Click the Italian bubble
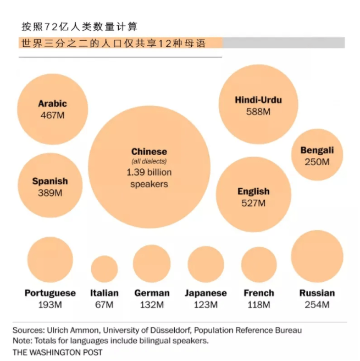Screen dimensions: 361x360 pos(104,269)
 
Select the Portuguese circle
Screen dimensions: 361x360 pos(50,260)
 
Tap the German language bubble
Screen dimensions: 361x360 pos(152,263)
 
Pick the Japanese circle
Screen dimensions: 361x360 pos(206,264)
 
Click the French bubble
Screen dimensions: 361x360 pos(259,264)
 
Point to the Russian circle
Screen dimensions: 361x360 pos(317,256)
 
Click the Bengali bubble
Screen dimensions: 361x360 pos(317,155)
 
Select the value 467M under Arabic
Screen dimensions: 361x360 pos(53,115)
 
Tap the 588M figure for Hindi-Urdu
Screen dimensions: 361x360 pos(258,112)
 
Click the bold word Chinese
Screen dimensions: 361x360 pos(149,151)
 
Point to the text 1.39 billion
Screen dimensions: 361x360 pos(149,173)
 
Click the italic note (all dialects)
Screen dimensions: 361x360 pos(149,161)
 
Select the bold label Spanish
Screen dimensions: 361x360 pos(50,181)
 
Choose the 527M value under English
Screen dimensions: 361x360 pos(253,203)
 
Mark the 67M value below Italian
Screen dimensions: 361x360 pos(104,304)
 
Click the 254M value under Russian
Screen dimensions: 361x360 pos(317,304)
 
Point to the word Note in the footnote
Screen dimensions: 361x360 pos(21,341)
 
